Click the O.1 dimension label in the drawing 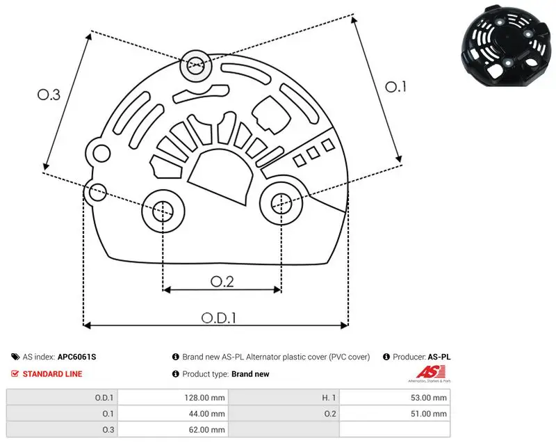tap(395, 87)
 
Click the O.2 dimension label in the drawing tap(222, 282)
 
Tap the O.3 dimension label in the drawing tap(49, 95)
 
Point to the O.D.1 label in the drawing tap(219, 318)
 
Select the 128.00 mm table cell tap(173, 398)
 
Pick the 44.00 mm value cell tap(173, 414)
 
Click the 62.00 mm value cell tap(173, 430)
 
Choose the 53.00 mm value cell tap(395, 398)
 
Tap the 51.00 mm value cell tap(395, 414)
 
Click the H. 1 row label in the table tap(329, 398)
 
